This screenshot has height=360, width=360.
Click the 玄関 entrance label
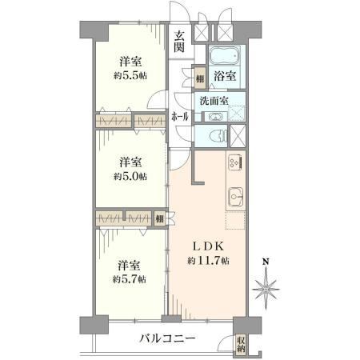tap(179, 41)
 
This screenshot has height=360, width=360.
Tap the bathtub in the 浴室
tap(225, 55)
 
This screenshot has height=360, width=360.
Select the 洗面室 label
tap(214, 101)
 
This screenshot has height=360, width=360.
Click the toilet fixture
tap(218, 136)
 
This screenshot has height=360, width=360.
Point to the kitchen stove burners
tap(235, 162)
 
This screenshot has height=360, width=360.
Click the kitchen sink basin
tap(236, 197)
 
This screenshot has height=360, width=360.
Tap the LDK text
tap(208, 246)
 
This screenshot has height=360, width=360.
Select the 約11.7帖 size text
tap(208, 261)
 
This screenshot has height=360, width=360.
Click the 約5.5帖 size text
tap(130, 76)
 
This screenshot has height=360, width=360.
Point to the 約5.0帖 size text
tap(130, 176)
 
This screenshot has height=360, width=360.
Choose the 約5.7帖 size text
tap(130, 279)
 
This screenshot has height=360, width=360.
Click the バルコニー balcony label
tap(168, 339)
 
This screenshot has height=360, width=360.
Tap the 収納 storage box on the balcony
tap(241, 344)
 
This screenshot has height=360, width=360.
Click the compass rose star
tap(266, 290)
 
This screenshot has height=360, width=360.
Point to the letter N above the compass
tap(266, 262)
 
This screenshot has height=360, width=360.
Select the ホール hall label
tap(180, 117)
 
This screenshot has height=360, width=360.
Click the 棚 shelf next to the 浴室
tap(200, 78)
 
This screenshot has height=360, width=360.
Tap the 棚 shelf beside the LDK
tap(159, 219)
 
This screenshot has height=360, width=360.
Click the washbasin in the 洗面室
tap(216, 117)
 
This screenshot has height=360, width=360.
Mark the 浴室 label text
tap(225, 76)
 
